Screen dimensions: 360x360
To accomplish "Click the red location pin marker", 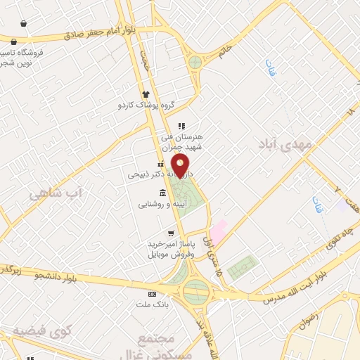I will pos(181,167).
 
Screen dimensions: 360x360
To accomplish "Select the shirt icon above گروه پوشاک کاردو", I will pos(146,94).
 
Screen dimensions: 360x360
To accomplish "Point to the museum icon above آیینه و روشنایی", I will pos(163,193).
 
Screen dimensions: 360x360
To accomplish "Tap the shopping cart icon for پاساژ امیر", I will pos(171,233).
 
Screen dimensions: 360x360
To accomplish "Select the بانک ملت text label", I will pos(153,304).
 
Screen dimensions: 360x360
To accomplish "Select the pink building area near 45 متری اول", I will pos(219,231).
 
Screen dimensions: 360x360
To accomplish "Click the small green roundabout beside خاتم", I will pos(195,62).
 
